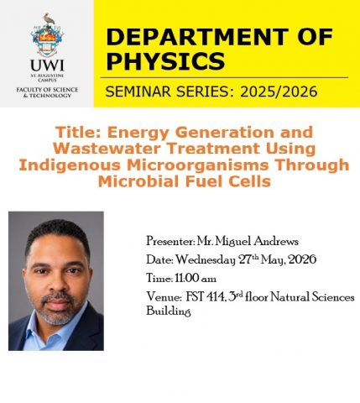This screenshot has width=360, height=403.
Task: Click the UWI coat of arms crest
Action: click(x=47, y=35)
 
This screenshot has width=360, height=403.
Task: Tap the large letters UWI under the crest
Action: click(x=47, y=65)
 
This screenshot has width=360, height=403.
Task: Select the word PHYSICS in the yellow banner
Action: click(x=165, y=61)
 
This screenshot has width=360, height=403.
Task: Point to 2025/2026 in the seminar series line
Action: click(x=279, y=92)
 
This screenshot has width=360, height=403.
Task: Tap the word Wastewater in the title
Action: click(x=107, y=149)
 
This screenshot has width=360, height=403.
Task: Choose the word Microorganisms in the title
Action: click(x=198, y=165)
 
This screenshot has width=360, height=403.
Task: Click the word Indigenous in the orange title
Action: click(x=70, y=165)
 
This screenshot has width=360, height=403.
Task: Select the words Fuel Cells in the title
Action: click(x=228, y=181)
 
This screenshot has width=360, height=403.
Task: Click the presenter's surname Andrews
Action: click(x=276, y=241)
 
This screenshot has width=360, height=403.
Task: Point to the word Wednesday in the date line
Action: click(x=206, y=260)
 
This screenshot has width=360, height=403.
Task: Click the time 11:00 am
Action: click(x=196, y=279)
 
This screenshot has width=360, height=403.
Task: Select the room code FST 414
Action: click(x=205, y=297)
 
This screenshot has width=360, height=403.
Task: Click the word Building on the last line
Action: click(x=169, y=311)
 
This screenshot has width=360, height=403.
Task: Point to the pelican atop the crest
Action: click(x=49, y=19)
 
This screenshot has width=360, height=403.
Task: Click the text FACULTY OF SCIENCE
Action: click(x=47, y=90)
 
